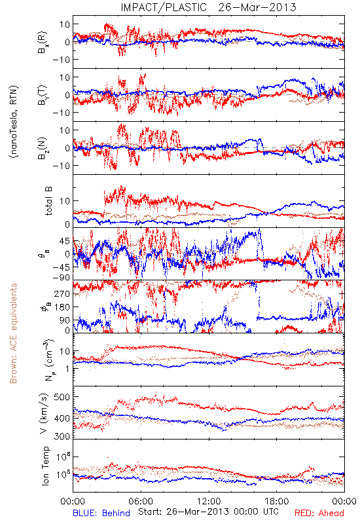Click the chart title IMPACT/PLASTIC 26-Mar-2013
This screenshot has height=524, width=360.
pyautogui.click(x=208, y=7)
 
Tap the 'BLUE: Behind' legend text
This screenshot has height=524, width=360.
pyautogui.click(x=101, y=513)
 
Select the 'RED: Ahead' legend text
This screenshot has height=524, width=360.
pyautogui.click(x=319, y=513)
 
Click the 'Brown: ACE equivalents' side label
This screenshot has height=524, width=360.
pyautogui.click(x=13, y=333)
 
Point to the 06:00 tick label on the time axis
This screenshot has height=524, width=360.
pyautogui.click(x=141, y=501)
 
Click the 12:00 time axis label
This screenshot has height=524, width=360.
pyautogui.click(x=209, y=501)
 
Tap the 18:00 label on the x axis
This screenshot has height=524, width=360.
pyautogui.click(x=277, y=501)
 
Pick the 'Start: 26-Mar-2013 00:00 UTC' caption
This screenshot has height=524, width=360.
pyautogui.click(x=208, y=512)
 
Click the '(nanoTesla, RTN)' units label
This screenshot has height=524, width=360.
pyautogui.click(x=14, y=121)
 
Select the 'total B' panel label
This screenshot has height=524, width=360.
pyautogui.click(x=48, y=201)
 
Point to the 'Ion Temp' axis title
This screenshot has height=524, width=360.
pyautogui.click(x=45, y=466)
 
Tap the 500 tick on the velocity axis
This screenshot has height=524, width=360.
pyautogui.click(x=62, y=397)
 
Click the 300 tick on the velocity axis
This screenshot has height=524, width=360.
pyautogui.click(x=62, y=436)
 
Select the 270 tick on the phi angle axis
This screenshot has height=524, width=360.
pyautogui.click(x=62, y=293)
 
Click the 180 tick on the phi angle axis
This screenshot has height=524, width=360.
pyautogui.click(x=62, y=307)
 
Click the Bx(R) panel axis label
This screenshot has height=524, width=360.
pyautogui.click(x=43, y=42)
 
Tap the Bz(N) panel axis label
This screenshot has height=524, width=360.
pyautogui.click(x=43, y=148)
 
